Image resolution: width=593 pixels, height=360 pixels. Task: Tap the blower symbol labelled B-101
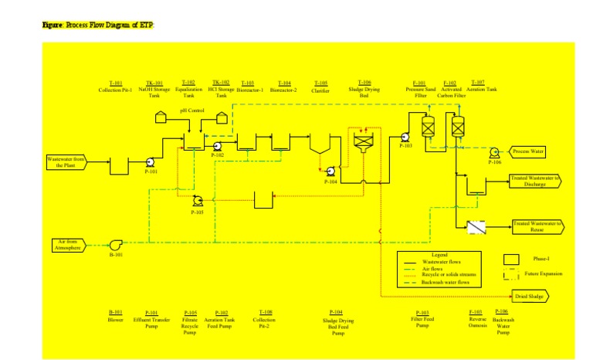115,246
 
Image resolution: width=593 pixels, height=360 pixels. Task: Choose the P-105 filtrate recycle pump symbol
198,199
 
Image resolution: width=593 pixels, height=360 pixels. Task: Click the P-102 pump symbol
218,146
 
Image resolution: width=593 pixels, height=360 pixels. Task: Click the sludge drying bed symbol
363,141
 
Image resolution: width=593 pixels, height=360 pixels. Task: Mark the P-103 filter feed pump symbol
405,136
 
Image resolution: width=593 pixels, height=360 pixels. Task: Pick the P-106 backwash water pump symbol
494,152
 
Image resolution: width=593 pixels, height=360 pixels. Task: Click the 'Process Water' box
529,151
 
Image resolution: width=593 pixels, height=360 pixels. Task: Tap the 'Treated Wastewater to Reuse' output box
537,226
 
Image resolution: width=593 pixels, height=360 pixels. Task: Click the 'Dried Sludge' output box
533,296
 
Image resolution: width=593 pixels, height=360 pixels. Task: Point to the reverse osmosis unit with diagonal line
474,226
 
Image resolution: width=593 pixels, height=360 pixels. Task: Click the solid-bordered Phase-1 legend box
510,259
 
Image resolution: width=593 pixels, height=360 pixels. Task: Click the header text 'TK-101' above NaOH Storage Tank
154,82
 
